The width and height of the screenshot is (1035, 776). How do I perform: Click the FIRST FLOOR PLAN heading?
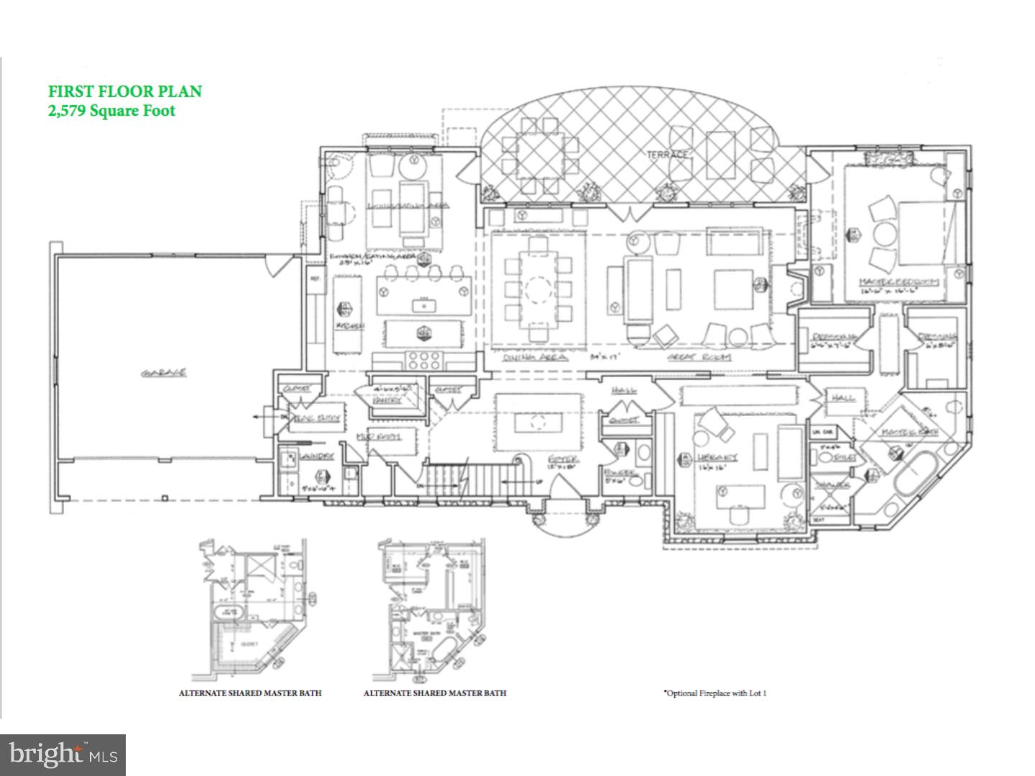124,91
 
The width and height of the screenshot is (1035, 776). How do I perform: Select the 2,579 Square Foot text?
111,111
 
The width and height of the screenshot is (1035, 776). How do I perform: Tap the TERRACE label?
668,154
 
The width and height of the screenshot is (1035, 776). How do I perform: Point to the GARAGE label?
164,372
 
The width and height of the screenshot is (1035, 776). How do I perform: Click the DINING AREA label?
535,356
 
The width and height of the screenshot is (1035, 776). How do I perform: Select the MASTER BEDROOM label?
898,282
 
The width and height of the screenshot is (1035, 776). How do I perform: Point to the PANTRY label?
388,399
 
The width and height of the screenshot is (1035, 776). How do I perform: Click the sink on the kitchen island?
424,306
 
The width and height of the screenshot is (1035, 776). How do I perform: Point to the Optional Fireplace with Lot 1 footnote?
714,693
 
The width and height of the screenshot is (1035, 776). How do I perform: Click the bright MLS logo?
63,754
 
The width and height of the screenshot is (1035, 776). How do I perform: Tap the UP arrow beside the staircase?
538,481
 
